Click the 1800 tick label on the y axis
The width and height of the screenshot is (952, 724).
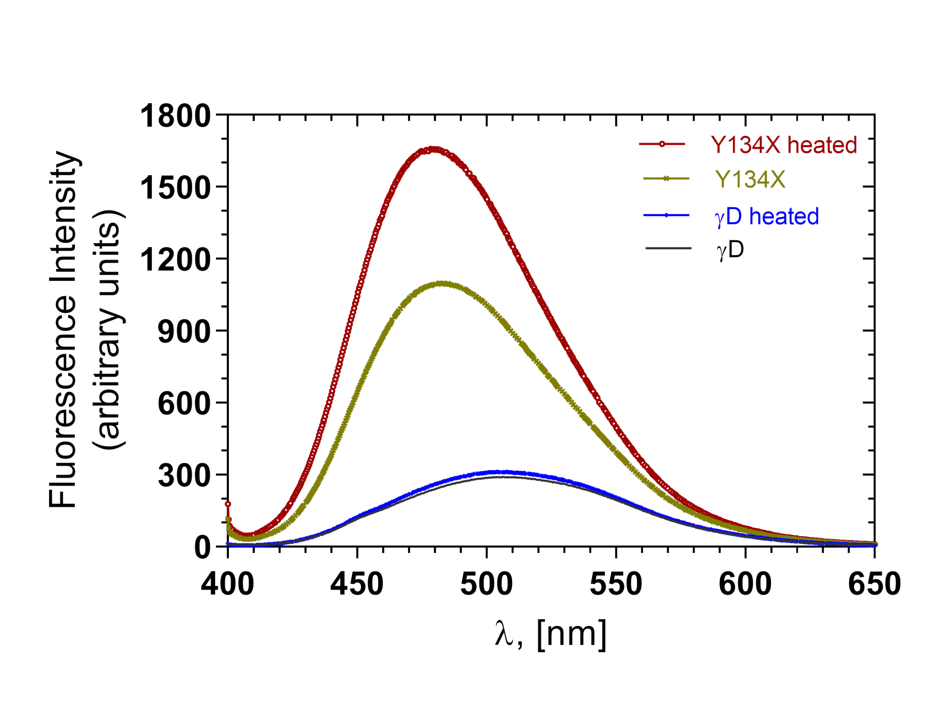click(x=175, y=116)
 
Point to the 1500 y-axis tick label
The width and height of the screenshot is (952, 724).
click(x=175, y=188)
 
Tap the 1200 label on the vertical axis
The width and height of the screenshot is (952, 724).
click(x=175, y=260)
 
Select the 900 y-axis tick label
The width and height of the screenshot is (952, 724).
click(x=184, y=332)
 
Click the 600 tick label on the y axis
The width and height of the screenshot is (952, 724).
click(x=184, y=404)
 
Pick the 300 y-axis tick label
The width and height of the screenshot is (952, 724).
click(x=184, y=476)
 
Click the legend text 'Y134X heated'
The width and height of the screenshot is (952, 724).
click(x=784, y=145)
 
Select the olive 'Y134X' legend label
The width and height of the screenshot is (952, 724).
click(x=751, y=179)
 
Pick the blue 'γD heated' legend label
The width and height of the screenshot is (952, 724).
click(x=767, y=216)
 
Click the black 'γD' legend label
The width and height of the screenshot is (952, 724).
click(x=730, y=250)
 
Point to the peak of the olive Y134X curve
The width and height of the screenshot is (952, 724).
click(x=441, y=283)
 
